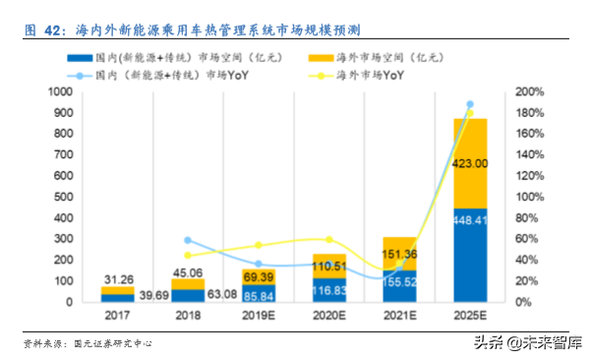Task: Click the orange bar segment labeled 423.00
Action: point(469,163)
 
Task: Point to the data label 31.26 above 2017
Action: point(119,278)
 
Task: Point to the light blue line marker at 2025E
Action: point(469,104)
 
